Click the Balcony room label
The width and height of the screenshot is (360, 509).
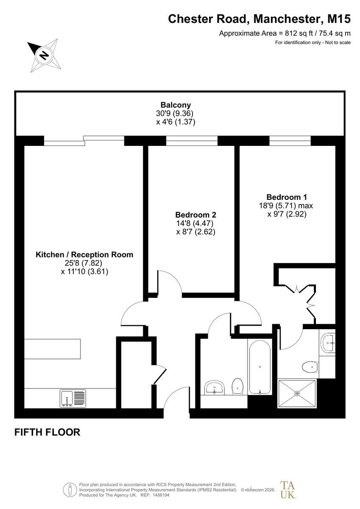176,105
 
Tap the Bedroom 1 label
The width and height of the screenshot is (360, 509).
287,197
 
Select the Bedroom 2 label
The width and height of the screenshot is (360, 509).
195,215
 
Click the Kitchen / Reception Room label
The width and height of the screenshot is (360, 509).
84,255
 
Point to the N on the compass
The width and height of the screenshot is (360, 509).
44,55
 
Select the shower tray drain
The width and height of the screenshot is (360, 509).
297,393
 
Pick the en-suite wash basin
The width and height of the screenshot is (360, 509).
328,343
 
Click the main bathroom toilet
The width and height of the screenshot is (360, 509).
238,386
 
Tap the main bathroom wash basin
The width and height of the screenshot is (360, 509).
215,388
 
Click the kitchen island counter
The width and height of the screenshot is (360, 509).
53,349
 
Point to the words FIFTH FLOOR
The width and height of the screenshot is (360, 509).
47,432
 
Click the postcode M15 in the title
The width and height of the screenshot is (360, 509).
339,19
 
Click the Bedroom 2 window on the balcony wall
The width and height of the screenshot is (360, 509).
192,141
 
